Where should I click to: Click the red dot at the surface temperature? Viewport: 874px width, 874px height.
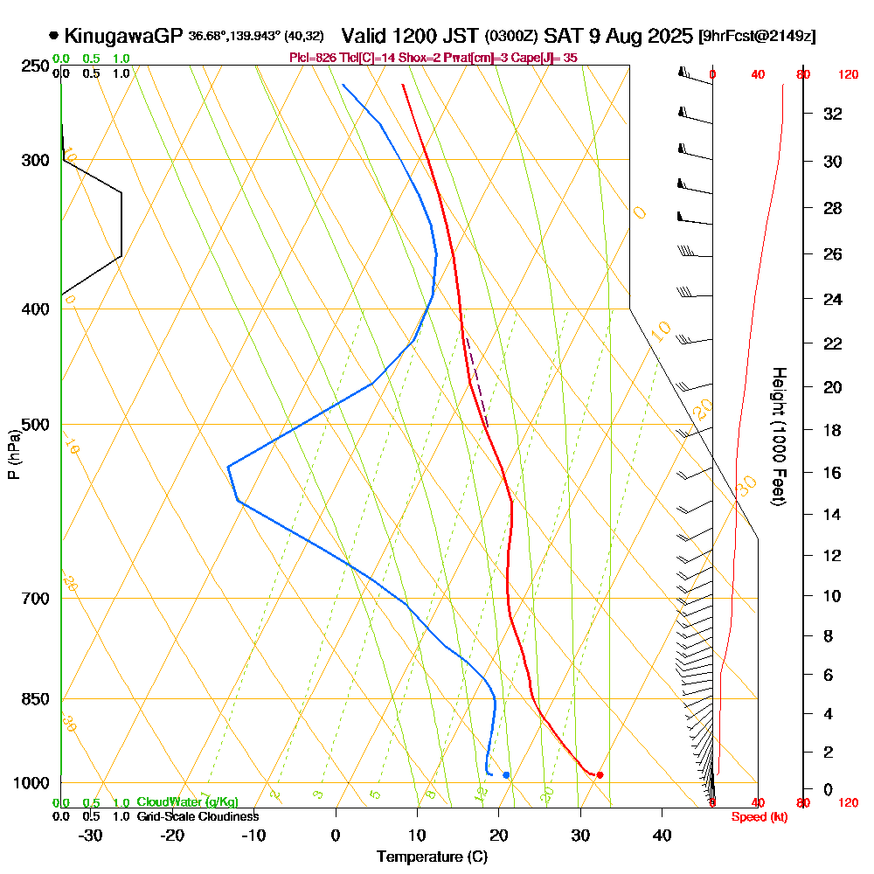point(600,775)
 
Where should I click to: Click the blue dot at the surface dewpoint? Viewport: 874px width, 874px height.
point(506,775)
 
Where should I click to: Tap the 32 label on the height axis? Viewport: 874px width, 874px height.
point(832,114)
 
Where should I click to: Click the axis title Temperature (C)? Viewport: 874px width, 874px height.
point(432,857)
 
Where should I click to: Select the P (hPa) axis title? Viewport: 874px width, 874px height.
point(14,454)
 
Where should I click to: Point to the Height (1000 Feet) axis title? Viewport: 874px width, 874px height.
point(777,436)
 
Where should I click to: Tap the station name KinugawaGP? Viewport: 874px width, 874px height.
point(123,36)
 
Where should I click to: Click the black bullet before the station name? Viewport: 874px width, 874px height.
point(54,36)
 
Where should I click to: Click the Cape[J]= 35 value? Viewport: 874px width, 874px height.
point(544,58)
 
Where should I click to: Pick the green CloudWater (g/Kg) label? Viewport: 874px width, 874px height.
point(187,802)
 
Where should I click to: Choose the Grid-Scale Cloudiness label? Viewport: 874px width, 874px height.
point(198,816)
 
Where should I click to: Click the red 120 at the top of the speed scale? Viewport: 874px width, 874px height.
point(847,75)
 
